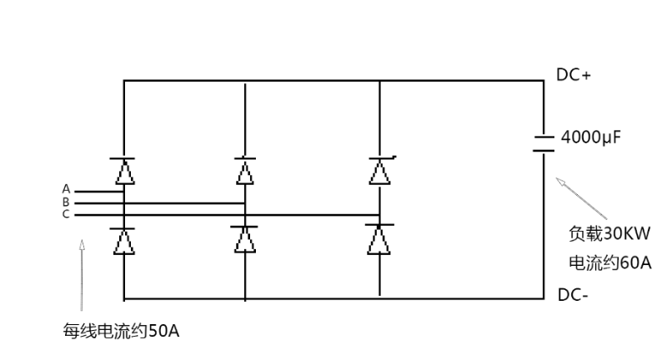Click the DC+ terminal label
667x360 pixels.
click(x=574, y=75)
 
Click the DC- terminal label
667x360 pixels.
click(x=573, y=294)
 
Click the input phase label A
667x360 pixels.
click(x=67, y=189)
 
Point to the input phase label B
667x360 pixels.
click(x=67, y=202)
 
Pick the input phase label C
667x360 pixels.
click(x=67, y=214)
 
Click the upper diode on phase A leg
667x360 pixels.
click(x=124, y=171)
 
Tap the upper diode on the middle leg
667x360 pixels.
click(x=244, y=171)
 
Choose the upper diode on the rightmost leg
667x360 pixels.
click(x=380, y=171)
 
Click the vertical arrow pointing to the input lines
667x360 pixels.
click(x=82, y=275)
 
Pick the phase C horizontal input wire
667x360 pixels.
click(x=250, y=215)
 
